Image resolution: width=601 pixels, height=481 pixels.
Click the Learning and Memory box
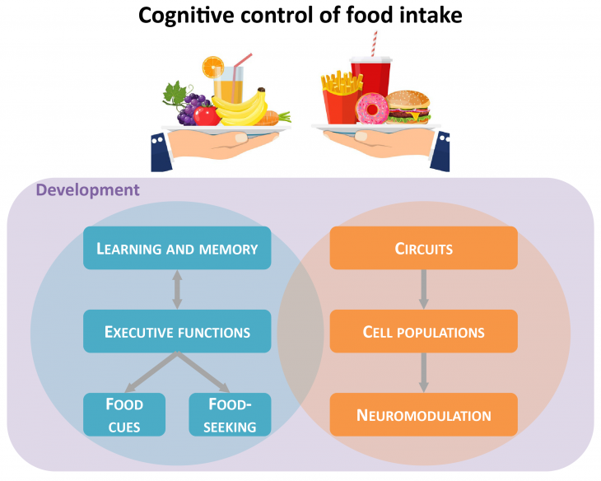pyautogui.click(x=177, y=248)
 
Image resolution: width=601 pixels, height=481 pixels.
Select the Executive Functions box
pyautogui.click(x=177, y=332)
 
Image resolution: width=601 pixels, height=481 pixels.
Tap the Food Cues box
pyautogui.click(x=124, y=414)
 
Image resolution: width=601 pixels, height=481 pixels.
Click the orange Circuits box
pyautogui.click(x=423, y=248)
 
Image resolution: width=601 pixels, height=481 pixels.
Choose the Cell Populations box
pyautogui.click(x=423, y=332)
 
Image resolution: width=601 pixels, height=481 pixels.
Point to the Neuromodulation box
pyautogui.click(x=423, y=414)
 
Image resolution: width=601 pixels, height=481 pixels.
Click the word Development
pyautogui.click(x=88, y=190)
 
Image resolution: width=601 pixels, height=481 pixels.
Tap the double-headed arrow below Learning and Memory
pyautogui.click(x=177, y=290)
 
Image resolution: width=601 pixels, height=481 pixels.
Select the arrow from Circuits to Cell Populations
pyautogui.click(x=423, y=289)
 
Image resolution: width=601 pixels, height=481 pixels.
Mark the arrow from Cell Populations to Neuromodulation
pyautogui.click(x=423, y=372)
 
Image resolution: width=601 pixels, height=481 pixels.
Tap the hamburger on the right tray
pyautogui.click(x=408, y=106)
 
